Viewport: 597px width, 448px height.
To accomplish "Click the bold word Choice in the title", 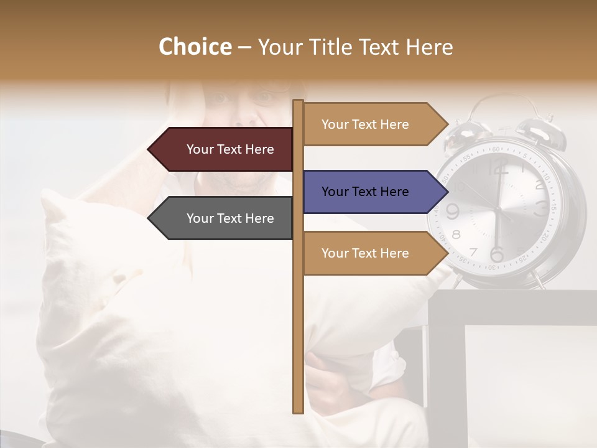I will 195,47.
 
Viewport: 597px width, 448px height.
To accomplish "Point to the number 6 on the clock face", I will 496,254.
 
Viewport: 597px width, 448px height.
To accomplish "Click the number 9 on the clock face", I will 453,212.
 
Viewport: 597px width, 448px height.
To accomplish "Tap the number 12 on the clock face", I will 497,167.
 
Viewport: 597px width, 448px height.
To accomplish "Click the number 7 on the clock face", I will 473,252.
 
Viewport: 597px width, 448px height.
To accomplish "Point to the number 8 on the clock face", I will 456,235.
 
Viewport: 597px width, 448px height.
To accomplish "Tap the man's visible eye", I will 264,98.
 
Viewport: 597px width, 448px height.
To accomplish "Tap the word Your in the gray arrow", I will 200,218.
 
